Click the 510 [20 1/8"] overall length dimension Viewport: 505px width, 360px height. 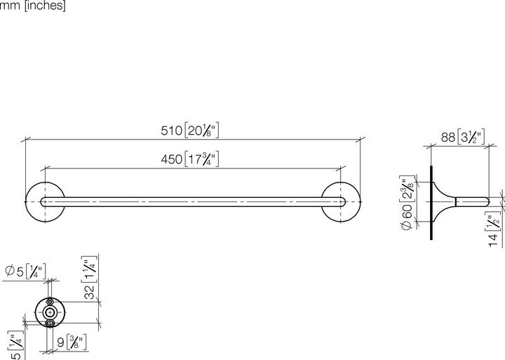191,131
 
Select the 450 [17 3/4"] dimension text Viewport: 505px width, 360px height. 191,160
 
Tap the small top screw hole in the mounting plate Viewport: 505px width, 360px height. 50,300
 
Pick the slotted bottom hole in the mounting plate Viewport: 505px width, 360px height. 50,324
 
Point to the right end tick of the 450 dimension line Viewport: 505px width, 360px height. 342,169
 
